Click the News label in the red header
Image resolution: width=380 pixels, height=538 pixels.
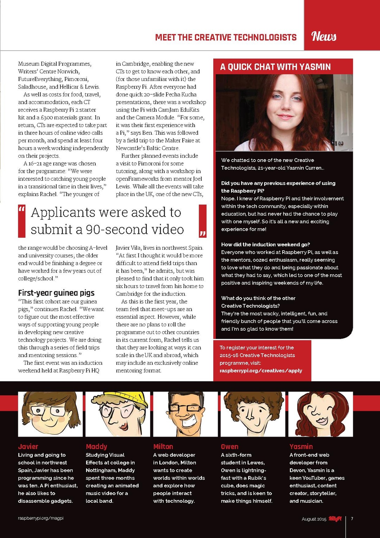coord(324,36)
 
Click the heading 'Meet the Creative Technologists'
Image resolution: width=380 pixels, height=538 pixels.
coord(226,37)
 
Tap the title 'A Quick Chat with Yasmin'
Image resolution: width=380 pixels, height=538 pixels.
coord(275,67)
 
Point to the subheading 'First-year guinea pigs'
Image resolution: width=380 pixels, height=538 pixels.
coord(56,293)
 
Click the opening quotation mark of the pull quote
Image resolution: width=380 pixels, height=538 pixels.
coord(22,210)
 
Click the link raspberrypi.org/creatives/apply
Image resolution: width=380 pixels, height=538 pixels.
coord(261,370)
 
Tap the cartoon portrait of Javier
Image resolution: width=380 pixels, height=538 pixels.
coord(50,414)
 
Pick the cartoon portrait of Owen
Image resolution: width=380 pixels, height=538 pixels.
coord(253,414)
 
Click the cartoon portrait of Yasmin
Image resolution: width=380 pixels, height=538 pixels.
coord(320,414)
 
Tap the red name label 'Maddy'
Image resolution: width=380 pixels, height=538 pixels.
coord(96,446)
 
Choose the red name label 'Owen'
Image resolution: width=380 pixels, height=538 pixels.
coord(229,446)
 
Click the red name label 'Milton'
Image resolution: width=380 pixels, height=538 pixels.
coord(163,446)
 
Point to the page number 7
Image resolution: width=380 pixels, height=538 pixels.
coord(352,519)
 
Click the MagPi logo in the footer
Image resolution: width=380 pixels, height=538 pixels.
coord(335,519)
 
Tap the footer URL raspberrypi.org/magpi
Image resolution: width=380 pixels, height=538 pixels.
coord(41,518)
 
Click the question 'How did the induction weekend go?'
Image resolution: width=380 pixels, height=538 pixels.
coord(265,244)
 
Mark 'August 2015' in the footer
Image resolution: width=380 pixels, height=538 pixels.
coord(314,519)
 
